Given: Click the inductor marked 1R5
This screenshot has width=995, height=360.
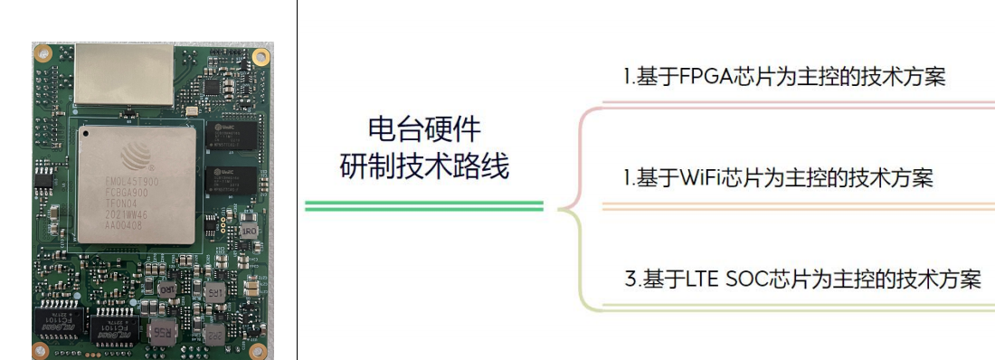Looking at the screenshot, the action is click(x=214, y=292).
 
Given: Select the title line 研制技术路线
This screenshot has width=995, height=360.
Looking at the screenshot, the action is click(x=424, y=166).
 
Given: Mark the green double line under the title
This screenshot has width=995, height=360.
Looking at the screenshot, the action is click(x=424, y=207).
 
